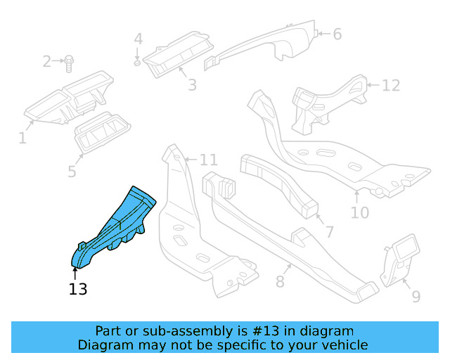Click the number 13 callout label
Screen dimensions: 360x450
[78, 288]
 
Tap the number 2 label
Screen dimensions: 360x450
[47, 62]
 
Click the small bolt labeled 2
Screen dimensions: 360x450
[69, 64]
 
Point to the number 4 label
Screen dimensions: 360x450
[139, 38]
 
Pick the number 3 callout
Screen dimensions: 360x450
[191, 85]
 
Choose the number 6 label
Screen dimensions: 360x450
[337, 34]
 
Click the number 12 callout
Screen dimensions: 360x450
[391, 86]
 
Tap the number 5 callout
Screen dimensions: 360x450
[72, 171]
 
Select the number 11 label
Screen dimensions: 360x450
[209, 159]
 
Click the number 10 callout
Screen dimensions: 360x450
[359, 211]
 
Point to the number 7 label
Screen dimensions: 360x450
[328, 231]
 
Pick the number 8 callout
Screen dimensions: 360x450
[280, 283]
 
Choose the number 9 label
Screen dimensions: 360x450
[416, 297]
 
